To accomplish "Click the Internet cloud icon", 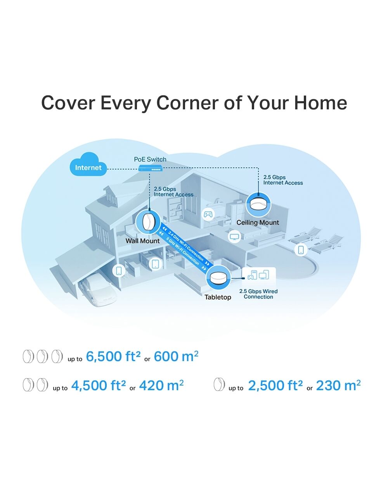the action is (x=88, y=164).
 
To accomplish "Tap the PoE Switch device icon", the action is (x=150, y=168).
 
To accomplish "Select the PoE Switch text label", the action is (x=150, y=159).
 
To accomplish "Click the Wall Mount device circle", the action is (x=148, y=222).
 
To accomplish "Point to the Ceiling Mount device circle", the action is (x=258, y=204).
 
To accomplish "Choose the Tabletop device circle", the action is (x=218, y=278).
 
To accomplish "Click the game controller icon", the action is (x=209, y=214).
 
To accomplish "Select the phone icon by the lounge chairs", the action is (x=301, y=250).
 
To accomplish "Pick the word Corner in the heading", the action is (x=187, y=103).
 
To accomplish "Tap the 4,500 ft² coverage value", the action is (x=98, y=385).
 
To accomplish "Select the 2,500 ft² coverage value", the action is (x=275, y=385).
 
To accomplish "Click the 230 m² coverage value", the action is (x=338, y=385).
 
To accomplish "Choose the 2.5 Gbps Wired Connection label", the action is (x=258, y=294).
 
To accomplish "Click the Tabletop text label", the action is (x=218, y=297).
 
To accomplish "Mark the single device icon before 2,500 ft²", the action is (x=219, y=384).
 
